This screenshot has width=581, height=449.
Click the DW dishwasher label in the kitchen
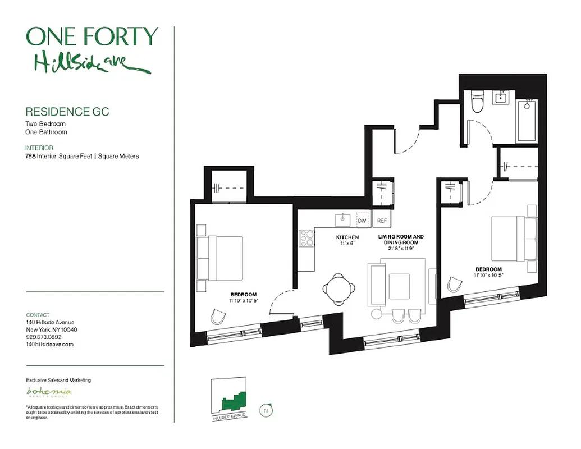point(362,221)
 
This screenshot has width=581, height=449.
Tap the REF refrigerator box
point(382,221)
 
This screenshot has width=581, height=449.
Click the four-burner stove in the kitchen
point(306,238)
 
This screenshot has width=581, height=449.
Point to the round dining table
point(340,288)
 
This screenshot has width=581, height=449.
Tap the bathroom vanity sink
point(501,98)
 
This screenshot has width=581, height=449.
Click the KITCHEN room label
point(347,237)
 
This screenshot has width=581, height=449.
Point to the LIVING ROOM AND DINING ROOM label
point(400,240)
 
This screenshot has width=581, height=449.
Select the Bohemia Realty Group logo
point(49,392)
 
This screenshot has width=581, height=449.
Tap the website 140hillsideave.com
point(50,345)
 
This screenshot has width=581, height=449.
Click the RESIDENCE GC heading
point(67,112)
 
